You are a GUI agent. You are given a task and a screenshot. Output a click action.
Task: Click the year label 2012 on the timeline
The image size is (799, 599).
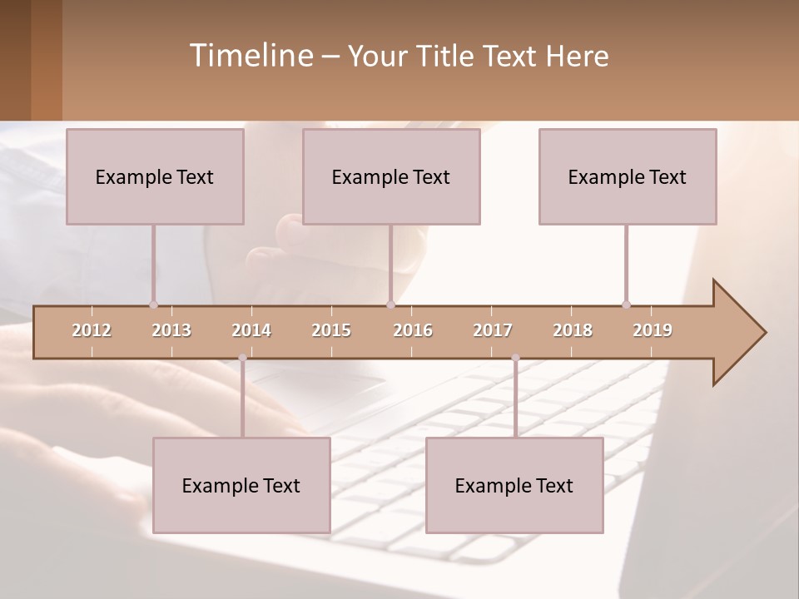(x=92, y=330)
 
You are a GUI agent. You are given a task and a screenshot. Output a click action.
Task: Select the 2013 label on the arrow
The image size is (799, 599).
(x=171, y=330)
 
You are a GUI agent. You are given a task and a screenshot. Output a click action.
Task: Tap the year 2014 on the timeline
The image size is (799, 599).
(x=251, y=330)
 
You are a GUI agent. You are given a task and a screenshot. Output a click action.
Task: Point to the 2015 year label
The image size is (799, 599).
(x=331, y=330)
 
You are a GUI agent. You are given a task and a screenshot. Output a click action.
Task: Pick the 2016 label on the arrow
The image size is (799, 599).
(x=413, y=330)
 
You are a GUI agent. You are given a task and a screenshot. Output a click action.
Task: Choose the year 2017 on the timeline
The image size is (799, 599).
(x=493, y=330)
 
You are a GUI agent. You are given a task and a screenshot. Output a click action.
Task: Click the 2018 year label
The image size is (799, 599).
(x=573, y=330)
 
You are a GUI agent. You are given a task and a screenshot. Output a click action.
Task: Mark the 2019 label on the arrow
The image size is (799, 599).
(x=653, y=330)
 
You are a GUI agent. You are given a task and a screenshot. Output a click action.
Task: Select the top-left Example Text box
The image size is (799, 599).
(x=155, y=176)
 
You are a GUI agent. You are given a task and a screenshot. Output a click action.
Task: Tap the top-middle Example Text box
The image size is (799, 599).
(x=391, y=176)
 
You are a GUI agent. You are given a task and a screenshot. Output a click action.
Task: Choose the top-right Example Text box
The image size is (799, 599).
(x=628, y=176)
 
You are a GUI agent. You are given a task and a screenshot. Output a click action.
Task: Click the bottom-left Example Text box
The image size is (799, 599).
(x=241, y=485)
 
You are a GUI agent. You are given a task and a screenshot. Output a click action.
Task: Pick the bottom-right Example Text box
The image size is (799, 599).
(x=514, y=485)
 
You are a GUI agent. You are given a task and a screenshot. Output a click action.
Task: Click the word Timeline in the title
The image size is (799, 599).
(x=251, y=55)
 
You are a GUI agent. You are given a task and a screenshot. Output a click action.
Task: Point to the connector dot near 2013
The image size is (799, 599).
(x=153, y=304)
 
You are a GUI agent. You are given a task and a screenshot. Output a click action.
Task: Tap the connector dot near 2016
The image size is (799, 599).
(x=390, y=304)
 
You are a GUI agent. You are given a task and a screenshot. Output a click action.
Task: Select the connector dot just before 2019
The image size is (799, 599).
(x=626, y=304)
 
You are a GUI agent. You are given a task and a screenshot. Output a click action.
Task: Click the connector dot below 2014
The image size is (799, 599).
(x=242, y=358)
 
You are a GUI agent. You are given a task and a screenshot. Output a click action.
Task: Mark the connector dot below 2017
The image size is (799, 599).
(x=515, y=358)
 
